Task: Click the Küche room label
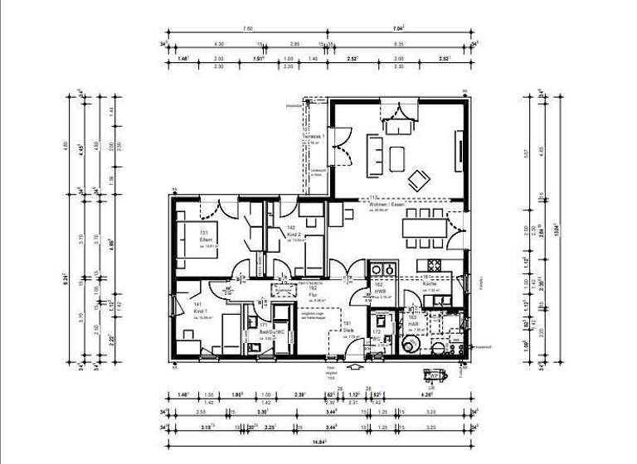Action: coord(429,283)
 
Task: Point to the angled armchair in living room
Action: coord(418,176)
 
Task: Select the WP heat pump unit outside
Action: coord(430,372)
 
